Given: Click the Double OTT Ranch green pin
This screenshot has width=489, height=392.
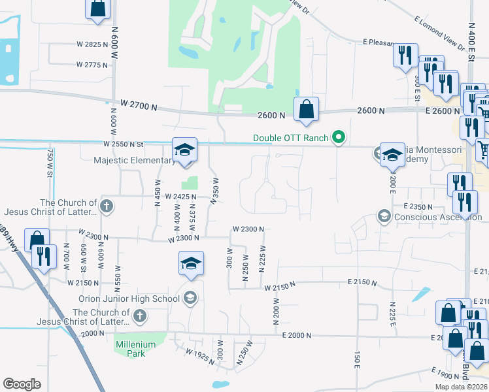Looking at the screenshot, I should pyautogui.click(x=338, y=137).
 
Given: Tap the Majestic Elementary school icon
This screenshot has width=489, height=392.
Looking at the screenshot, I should pyautogui.click(x=184, y=150).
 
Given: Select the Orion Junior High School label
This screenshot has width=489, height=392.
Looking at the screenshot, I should pyautogui.click(x=138, y=299).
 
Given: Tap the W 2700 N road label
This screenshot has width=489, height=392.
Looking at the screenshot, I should pyautogui.click(x=140, y=104).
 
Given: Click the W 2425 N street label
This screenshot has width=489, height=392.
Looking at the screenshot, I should pyautogui.click(x=180, y=196).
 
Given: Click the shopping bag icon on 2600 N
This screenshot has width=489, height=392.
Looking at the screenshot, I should pyautogui.click(x=306, y=109).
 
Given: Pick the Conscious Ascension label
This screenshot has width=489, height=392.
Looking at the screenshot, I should pyautogui.click(x=428, y=217).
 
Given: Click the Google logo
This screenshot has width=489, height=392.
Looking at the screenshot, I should pyautogui.click(x=22, y=384).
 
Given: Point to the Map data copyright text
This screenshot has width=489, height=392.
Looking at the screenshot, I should pyautogui.click(x=462, y=387).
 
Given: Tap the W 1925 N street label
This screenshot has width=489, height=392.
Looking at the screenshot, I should pyautogui.click(x=199, y=356).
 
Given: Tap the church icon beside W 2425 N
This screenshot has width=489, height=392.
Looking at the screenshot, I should pyautogui.click(x=107, y=207).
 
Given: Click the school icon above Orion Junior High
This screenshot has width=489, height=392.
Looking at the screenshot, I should pyautogui.click(x=191, y=263).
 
